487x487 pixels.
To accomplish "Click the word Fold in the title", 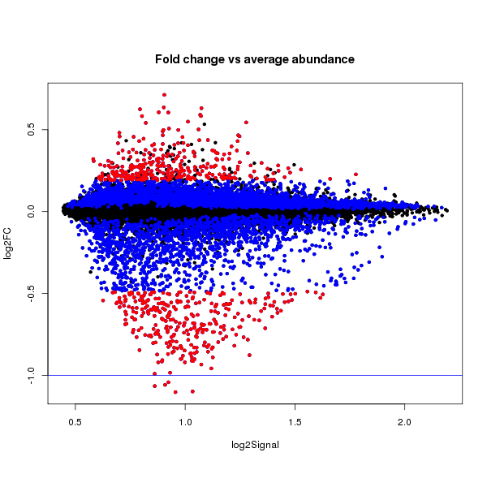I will (168, 60).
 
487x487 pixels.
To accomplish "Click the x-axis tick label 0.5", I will (75, 423).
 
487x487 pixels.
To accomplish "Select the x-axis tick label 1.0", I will (185, 423).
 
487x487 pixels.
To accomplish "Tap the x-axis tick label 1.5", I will (295, 423).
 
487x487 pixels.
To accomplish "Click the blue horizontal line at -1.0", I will (325, 375).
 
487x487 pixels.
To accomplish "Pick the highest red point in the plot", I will (164, 95).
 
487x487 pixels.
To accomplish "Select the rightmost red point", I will (356, 174).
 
